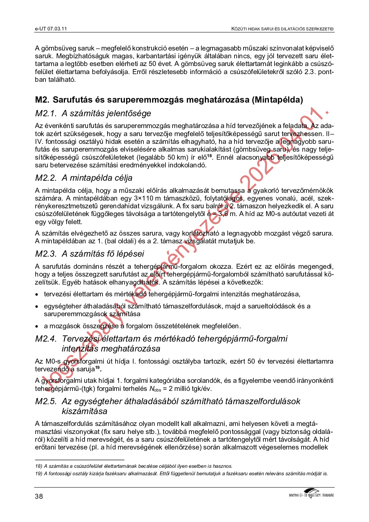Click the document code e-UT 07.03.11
click(x=51, y=29)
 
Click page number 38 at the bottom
click(x=39, y=496)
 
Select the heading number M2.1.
click(x=46, y=113)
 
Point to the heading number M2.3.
click(x=46, y=254)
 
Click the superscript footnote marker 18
click(x=210, y=156)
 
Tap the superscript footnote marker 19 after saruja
click(x=98, y=368)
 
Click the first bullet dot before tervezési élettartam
click(x=37, y=294)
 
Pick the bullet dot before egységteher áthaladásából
click(x=37, y=307)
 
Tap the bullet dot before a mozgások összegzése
click(x=37, y=326)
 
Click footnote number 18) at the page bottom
click(x=39, y=466)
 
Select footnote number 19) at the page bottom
click(x=39, y=474)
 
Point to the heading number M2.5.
click(x=46, y=401)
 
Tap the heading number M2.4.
click(x=46, y=339)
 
